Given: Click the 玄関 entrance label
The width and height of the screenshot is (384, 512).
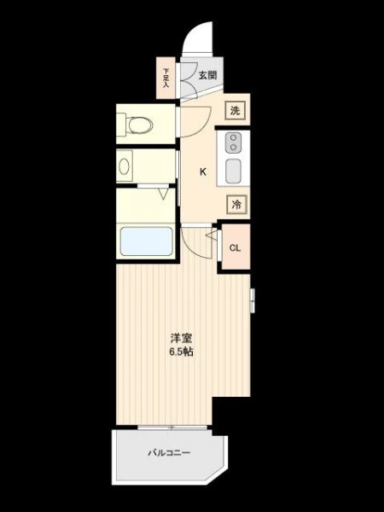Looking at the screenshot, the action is point(207,75).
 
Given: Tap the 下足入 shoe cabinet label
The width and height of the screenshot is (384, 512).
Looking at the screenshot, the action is point(166,78).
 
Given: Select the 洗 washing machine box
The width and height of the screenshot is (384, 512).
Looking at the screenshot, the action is point(236,111).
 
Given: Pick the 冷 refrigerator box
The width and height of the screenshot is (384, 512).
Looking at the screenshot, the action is point(236,205).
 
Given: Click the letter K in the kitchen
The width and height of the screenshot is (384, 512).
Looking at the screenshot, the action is point(203,172).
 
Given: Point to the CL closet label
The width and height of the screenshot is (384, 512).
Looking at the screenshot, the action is point(235,247).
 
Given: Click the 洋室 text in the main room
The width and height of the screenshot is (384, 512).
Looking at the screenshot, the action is point(181,338).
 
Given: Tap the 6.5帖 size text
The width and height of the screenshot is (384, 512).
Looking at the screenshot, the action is point(181,352).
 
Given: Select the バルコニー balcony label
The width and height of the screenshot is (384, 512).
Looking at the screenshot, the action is point(169,453).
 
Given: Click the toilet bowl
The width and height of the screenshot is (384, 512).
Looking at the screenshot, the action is point(141,125).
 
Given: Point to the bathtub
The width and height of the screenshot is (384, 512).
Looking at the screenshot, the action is point(146,241).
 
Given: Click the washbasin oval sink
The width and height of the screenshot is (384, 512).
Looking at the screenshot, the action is point(124,166).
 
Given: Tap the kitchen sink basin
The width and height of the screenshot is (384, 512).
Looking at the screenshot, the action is point(233,172).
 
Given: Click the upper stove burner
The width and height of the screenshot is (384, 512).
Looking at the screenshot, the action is point(234,138).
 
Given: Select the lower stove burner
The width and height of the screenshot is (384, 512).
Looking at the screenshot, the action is point(234,148).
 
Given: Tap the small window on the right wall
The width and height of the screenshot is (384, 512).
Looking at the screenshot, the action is point(253,300).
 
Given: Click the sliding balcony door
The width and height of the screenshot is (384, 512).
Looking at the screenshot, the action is point(172,428).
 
